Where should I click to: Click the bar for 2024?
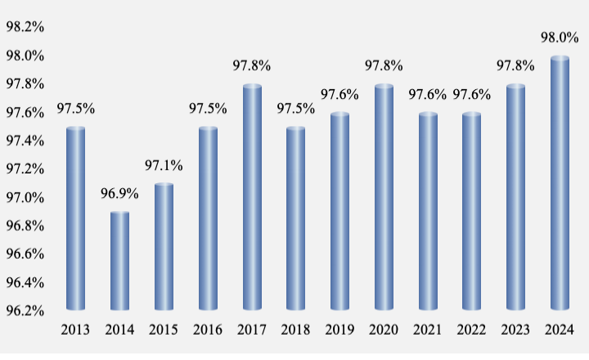(560, 184)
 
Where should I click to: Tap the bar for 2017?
(252, 198)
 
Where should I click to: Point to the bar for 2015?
(164, 247)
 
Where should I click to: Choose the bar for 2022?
(472, 213)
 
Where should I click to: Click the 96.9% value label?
(119, 195)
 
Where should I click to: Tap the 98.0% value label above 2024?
(560, 38)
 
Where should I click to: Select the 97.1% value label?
(164, 166)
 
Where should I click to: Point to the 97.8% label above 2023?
(516, 66)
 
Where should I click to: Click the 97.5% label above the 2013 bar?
(75, 109)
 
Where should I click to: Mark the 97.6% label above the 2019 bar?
(339, 95)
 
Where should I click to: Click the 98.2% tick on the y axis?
(25, 27)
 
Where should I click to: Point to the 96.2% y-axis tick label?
(25, 311)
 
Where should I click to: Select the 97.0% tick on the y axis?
(25, 197)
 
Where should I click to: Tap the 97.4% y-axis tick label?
(25, 141)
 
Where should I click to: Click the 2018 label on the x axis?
(295, 330)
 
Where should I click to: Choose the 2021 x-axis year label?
(428, 330)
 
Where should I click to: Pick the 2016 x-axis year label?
(208, 330)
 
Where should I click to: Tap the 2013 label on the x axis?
(75, 330)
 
